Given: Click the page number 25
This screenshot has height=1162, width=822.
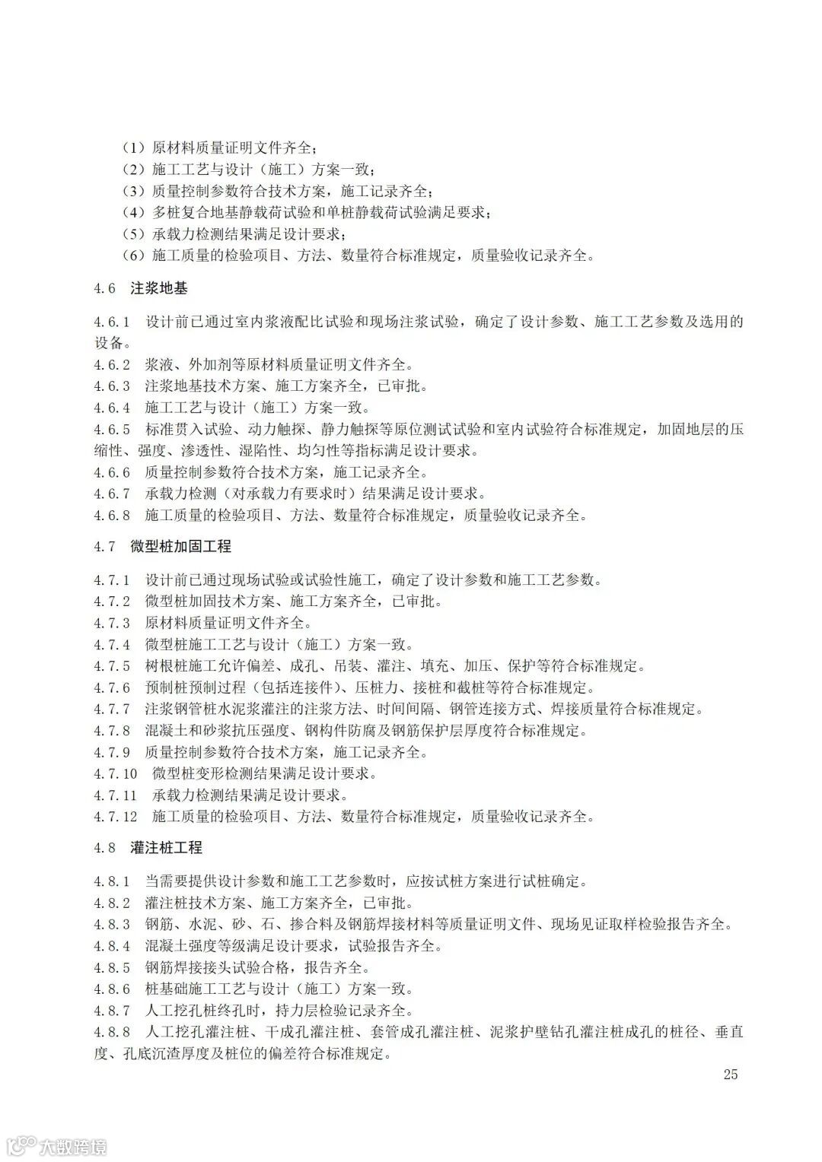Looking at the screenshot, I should coord(731,1074).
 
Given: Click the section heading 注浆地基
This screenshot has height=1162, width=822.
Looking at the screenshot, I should coord(159,289).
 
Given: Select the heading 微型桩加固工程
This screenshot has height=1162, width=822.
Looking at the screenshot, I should coord(180,547).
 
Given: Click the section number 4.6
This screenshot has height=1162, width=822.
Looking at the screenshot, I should coord(105,289).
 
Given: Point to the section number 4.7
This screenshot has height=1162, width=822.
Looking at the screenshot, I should coord(105,547).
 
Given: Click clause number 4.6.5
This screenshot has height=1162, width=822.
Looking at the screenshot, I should coord(113,429).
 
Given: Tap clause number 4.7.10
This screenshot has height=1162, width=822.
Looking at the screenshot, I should coord(116,774).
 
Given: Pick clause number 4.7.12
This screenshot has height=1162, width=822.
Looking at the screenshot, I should coord(116,817).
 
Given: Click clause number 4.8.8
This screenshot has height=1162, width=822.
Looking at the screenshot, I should coord(113,1032).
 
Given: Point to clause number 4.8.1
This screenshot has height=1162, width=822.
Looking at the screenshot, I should coord(113,882).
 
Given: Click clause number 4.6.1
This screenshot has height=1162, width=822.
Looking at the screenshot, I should coord(113,322).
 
